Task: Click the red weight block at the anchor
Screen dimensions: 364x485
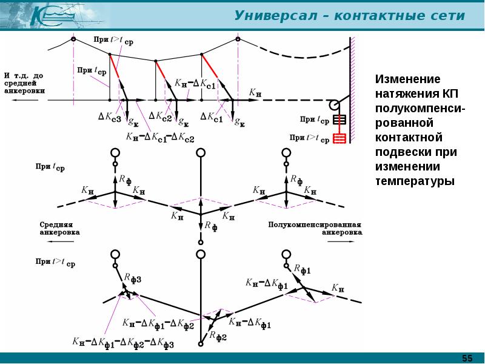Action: coord(340,139)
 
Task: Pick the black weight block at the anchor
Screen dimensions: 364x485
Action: coord(339,119)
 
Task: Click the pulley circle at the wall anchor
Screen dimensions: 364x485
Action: coord(334,105)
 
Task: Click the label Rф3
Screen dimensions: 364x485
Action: coord(132,279)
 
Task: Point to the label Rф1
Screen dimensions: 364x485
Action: coord(302,269)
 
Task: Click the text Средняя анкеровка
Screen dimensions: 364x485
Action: coord(59,227)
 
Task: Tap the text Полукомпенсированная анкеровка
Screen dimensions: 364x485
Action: coord(315,227)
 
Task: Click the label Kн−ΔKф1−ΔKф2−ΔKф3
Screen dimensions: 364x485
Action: coord(123,343)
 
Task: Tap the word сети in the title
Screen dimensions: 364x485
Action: coord(450,16)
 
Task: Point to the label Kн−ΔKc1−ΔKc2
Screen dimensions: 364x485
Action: coord(160,137)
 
